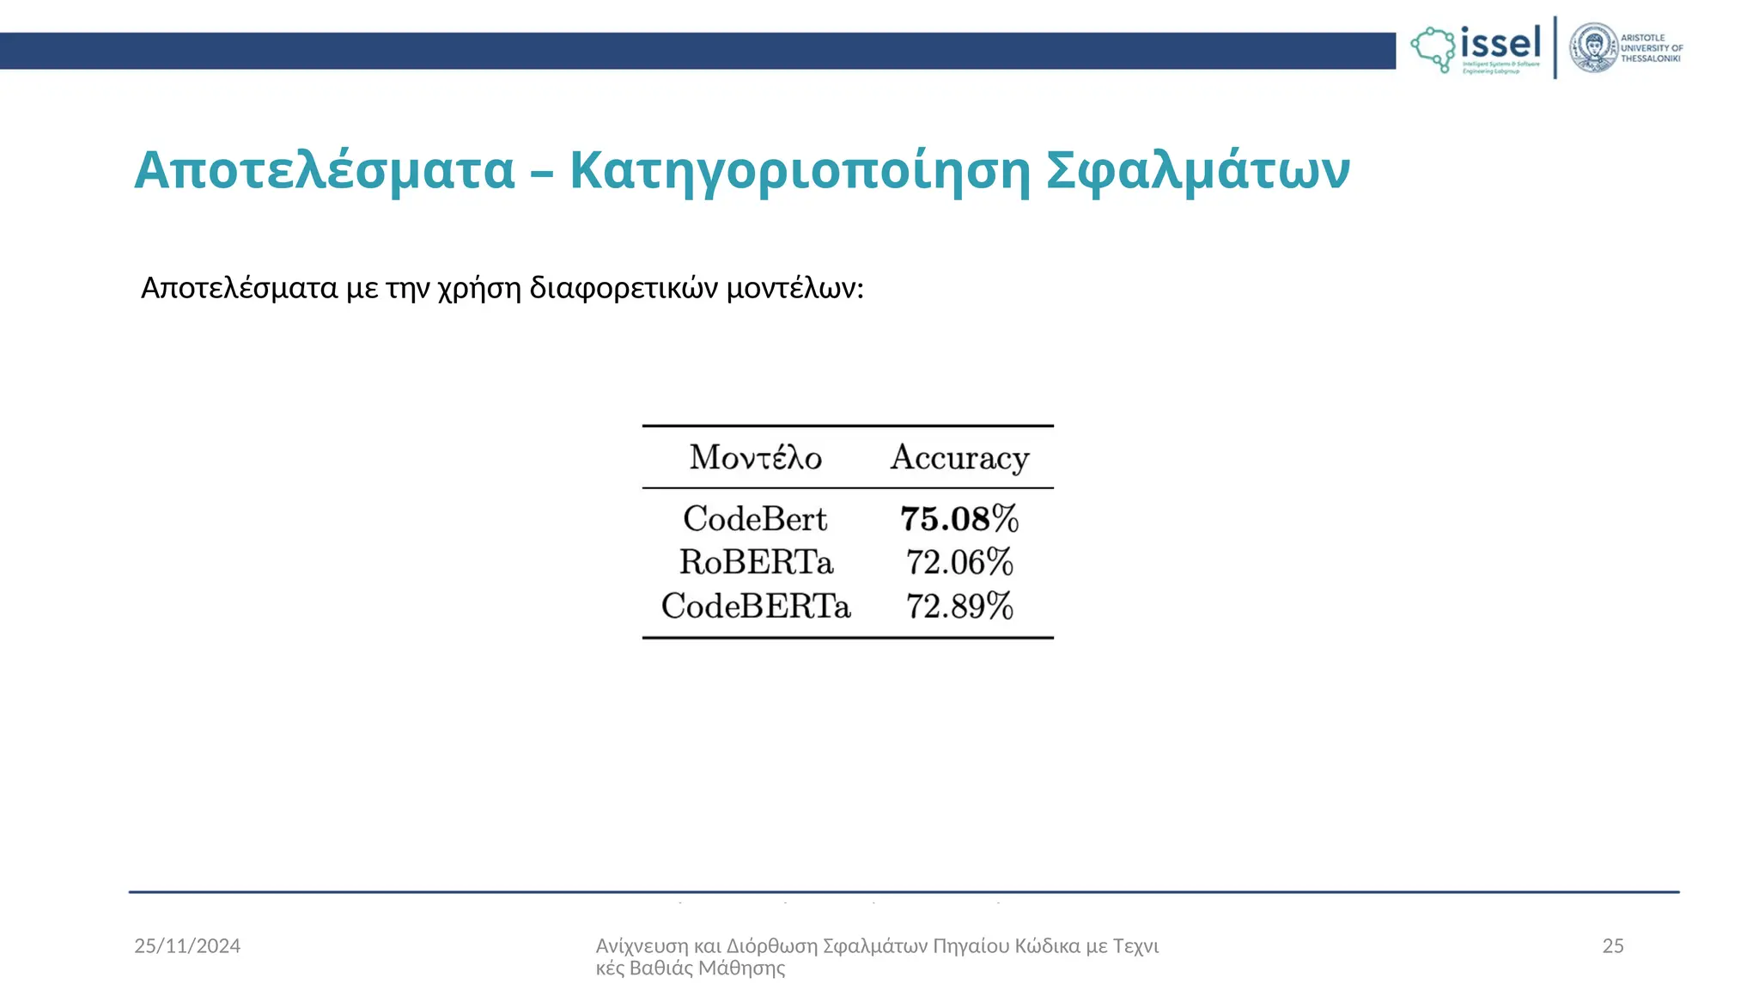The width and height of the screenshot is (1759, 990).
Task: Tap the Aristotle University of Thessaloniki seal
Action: pos(1594,48)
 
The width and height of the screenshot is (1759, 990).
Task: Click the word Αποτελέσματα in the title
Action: pos(325,170)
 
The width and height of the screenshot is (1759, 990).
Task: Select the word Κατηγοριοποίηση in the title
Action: pos(800,170)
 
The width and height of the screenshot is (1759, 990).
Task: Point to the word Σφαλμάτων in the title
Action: pos(1198,170)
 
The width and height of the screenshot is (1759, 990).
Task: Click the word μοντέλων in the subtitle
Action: pos(794,288)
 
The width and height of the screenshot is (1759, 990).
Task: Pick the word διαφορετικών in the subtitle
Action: pos(624,288)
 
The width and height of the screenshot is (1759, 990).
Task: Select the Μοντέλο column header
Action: pos(756,457)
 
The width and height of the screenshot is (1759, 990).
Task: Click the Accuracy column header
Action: pos(959,457)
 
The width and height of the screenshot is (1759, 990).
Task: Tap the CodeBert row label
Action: pos(755,518)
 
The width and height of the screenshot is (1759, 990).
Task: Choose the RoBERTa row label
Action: pos(756,562)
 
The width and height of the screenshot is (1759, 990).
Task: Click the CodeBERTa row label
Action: pos(756,606)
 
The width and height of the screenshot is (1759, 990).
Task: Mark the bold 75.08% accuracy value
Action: pos(959,518)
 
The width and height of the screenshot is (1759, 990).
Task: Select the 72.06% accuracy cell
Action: pos(959,562)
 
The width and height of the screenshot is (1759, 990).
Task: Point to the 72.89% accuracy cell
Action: pos(959,606)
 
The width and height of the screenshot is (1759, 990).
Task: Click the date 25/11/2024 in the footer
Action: pos(187,946)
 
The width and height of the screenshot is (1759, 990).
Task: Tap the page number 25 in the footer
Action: pos(1613,946)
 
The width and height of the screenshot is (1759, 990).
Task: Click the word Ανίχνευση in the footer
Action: pos(642,946)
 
